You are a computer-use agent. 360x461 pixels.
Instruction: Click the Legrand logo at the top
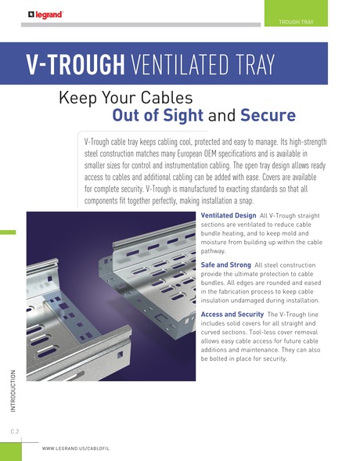click(45, 15)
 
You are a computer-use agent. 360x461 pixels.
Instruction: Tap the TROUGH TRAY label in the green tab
click(296, 22)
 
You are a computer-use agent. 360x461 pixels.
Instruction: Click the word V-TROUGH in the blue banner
click(76, 64)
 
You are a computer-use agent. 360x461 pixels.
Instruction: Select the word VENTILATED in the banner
click(179, 64)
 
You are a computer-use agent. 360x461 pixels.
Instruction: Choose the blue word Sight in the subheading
click(183, 115)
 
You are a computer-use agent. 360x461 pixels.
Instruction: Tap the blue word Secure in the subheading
click(268, 115)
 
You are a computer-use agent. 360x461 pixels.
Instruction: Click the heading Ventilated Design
click(229, 215)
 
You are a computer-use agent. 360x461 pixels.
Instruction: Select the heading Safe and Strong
click(225, 265)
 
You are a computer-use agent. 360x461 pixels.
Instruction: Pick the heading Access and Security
click(232, 315)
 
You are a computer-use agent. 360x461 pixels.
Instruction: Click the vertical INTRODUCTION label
click(13, 391)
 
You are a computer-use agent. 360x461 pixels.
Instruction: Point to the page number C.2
click(15, 431)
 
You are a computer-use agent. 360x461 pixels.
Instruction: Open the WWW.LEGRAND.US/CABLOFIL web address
click(76, 448)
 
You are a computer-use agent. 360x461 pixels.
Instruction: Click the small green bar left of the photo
click(8, 232)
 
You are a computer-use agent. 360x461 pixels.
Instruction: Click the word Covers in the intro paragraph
click(270, 178)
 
